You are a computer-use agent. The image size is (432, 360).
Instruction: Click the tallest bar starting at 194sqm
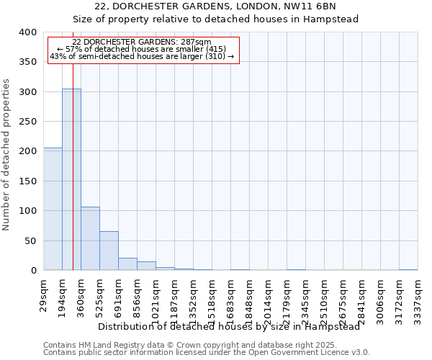(x=71, y=180)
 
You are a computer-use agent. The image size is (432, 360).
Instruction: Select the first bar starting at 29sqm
(x=53, y=209)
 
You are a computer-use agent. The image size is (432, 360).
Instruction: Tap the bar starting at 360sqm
(x=90, y=238)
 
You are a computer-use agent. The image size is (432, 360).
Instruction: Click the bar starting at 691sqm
(x=127, y=264)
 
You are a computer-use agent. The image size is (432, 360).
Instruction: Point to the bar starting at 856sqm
(x=146, y=266)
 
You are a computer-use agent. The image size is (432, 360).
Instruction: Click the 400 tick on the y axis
(x=28, y=32)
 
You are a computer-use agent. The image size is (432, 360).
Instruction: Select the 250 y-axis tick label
(x=28, y=122)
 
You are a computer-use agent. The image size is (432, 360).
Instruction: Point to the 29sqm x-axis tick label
(x=44, y=295)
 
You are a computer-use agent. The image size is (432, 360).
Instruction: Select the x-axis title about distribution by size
(x=228, y=326)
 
